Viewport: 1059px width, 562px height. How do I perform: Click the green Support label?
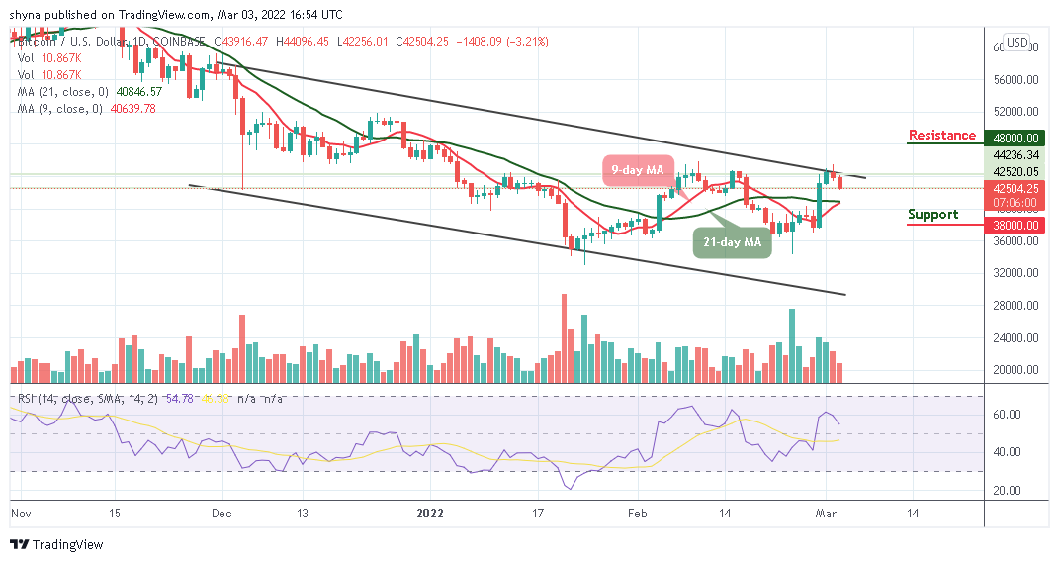[933, 215]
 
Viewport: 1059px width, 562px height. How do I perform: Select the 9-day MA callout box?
[639, 169]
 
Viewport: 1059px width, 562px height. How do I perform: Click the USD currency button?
[1016, 43]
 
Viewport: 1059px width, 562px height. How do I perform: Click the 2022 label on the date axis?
[430, 514]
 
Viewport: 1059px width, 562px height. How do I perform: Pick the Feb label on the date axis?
[638, 514]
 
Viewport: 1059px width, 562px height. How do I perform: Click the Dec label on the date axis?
[221, 514]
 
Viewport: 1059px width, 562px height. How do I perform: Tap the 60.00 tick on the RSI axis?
[1009, 415]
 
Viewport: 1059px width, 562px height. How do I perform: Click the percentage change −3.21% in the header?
[529, 42]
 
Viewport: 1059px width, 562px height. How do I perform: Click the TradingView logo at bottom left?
[56, 545]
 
